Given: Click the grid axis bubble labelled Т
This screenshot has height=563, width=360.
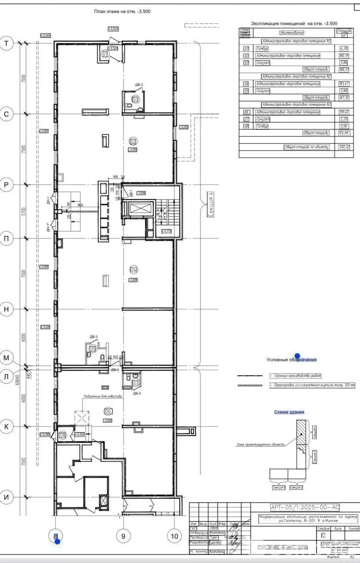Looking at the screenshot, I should pos(7,43).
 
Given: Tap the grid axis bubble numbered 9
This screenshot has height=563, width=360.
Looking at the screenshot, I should pos(123,536).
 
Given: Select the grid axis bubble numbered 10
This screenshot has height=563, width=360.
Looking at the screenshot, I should pos(175,536).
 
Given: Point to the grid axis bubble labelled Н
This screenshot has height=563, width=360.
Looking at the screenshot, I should pos(7,309).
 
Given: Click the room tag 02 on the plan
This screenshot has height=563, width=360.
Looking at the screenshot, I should pos(133,141).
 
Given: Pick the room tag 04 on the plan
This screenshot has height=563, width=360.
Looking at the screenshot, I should pos(133,270).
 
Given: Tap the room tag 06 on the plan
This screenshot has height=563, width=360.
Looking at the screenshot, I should pos(107,411).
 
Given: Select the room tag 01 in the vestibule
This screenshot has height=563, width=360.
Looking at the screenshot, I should pos(105,54).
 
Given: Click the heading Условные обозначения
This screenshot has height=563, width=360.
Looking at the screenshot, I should pos(291,359).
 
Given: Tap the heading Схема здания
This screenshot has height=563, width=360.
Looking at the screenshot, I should pos(289,412).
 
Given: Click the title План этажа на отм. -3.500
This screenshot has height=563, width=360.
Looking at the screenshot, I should pos(122,11).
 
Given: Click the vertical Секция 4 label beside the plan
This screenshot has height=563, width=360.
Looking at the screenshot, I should pos(210,205).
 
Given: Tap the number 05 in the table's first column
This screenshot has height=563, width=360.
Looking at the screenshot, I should pos(246,91).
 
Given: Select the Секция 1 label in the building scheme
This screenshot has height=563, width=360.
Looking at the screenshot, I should pos(279,488).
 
